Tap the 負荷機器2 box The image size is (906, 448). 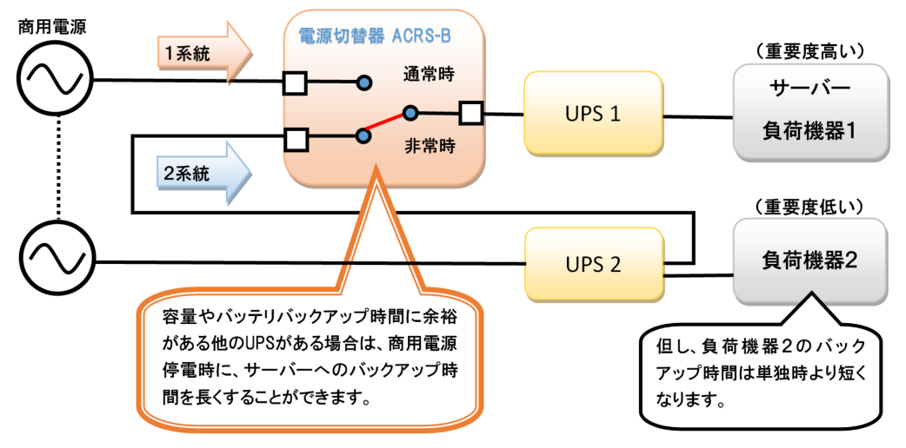(809, 260)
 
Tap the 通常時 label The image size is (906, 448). (429, 74)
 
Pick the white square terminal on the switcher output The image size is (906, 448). (470, 113)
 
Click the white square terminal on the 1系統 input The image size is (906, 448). (295, 83)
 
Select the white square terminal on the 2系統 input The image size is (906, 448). (296, 137)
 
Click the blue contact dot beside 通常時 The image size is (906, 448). (364, 83)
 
